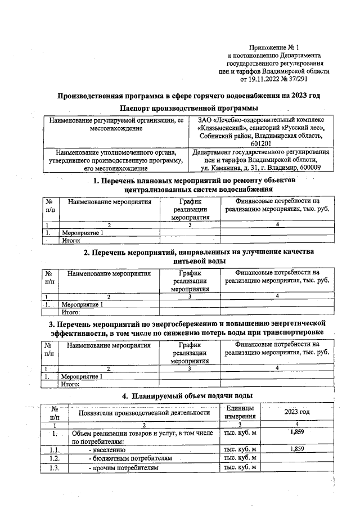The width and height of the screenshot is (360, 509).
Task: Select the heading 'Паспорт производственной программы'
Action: pyautogui.click(x=188, y=107)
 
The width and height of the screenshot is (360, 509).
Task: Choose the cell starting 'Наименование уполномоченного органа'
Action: pyautogui.click(x=116, y=152)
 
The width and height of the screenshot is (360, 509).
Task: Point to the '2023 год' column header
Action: pyautogui.click(x=296, y=412)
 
